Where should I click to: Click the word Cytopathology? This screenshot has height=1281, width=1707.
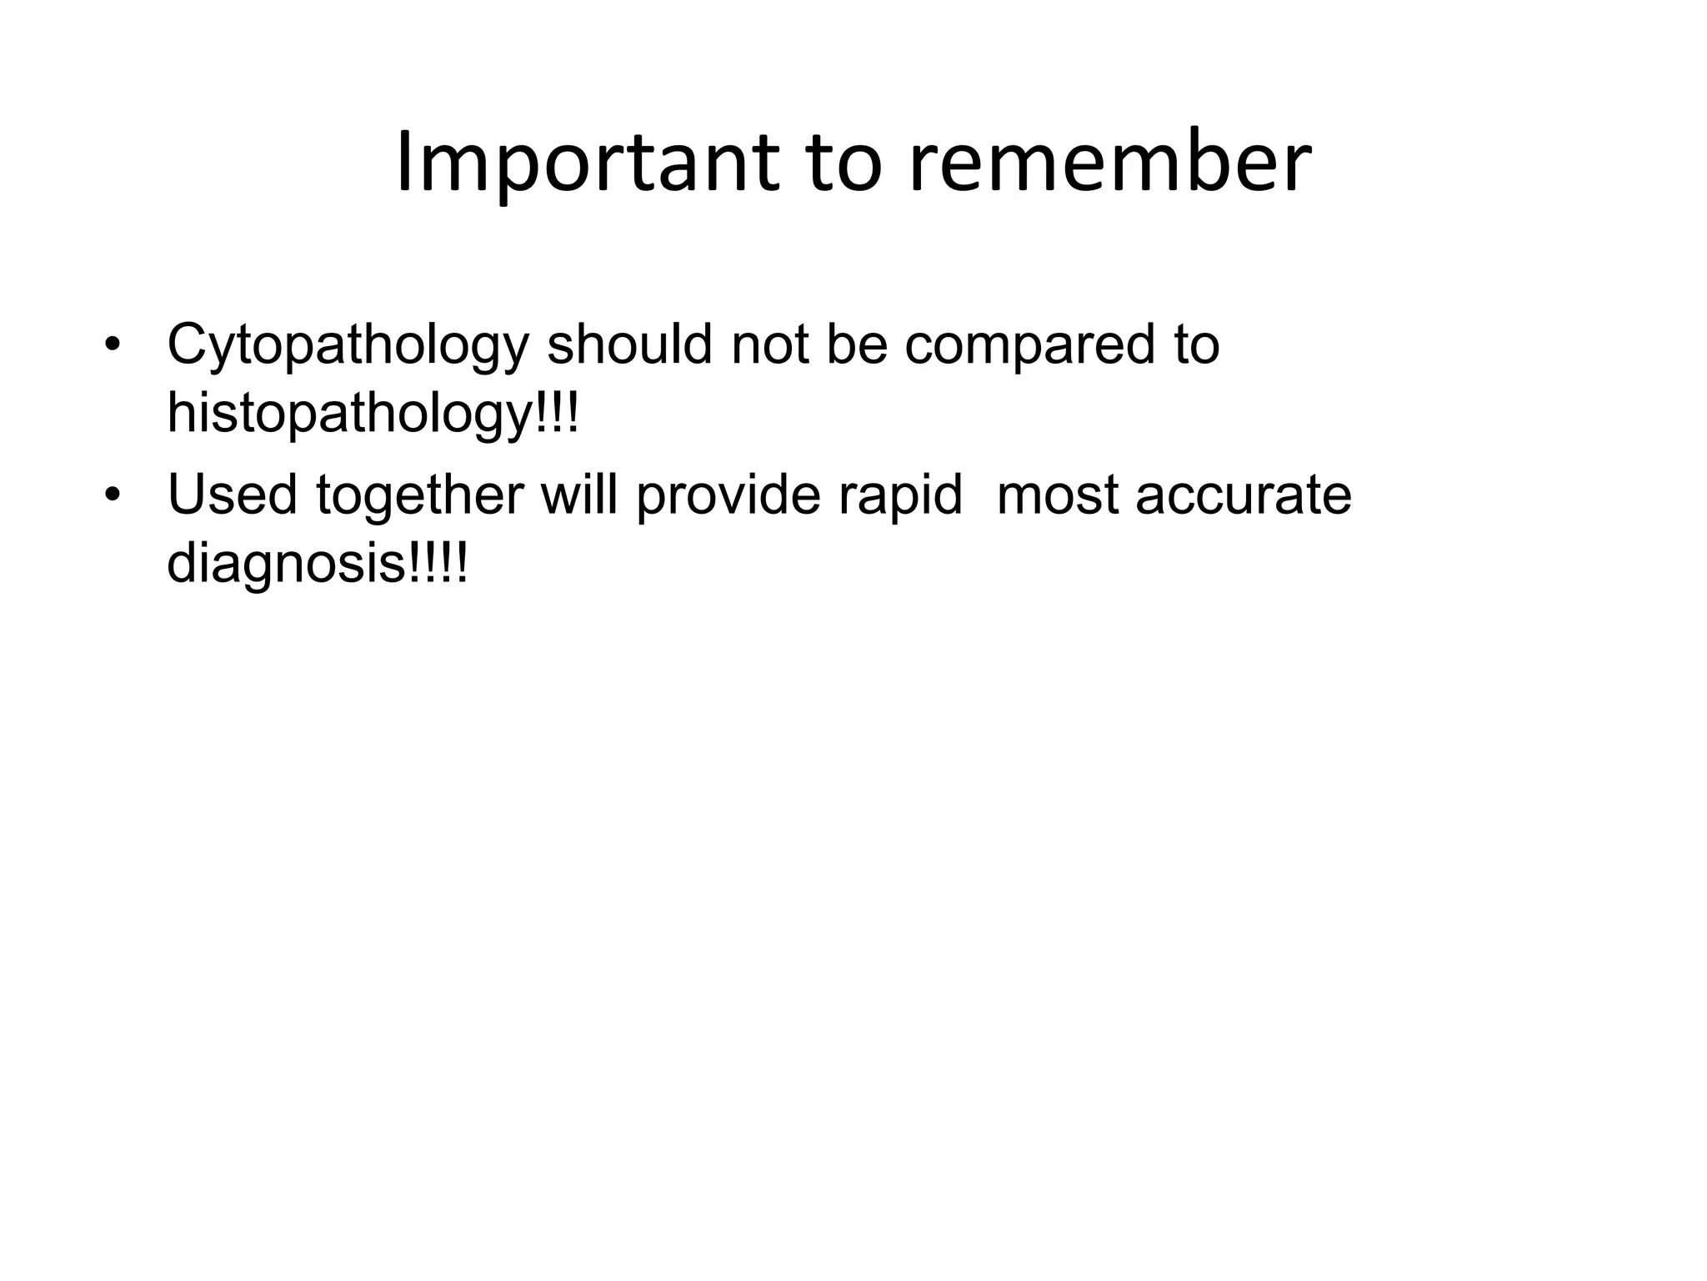tap(348, 345)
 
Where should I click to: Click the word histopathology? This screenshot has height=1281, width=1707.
tap(348, 414)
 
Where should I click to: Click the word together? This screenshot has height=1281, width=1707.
tap(420, 495)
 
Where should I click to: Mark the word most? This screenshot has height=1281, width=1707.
tap(1056, 495)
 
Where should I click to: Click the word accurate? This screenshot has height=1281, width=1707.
tap(1243, 495)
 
